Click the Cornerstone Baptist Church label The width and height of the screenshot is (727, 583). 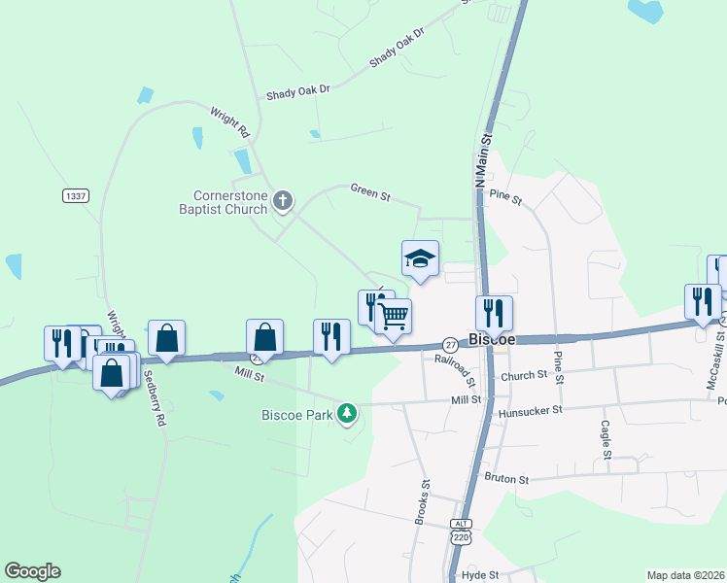[x=223, y=202]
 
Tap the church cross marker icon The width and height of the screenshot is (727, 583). [x=283, y=202]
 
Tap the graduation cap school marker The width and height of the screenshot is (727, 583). [x=420, y=258]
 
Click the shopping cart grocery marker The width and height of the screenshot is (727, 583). [x=394, y=316]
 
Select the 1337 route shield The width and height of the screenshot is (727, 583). [x=75, y=195]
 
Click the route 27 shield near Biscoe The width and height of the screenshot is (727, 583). [x=450, y=344]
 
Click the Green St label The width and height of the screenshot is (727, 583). [x=370, y=193]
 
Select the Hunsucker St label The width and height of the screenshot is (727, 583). [x=531, y=410]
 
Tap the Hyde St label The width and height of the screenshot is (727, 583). [x=480, y=575]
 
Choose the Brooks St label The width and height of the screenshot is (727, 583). [x=422, y=501]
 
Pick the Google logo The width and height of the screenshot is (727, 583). [x=32, y=571]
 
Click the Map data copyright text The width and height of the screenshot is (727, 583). [x=686, y=574]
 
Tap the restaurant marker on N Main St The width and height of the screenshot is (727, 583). [x=494, y=313]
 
